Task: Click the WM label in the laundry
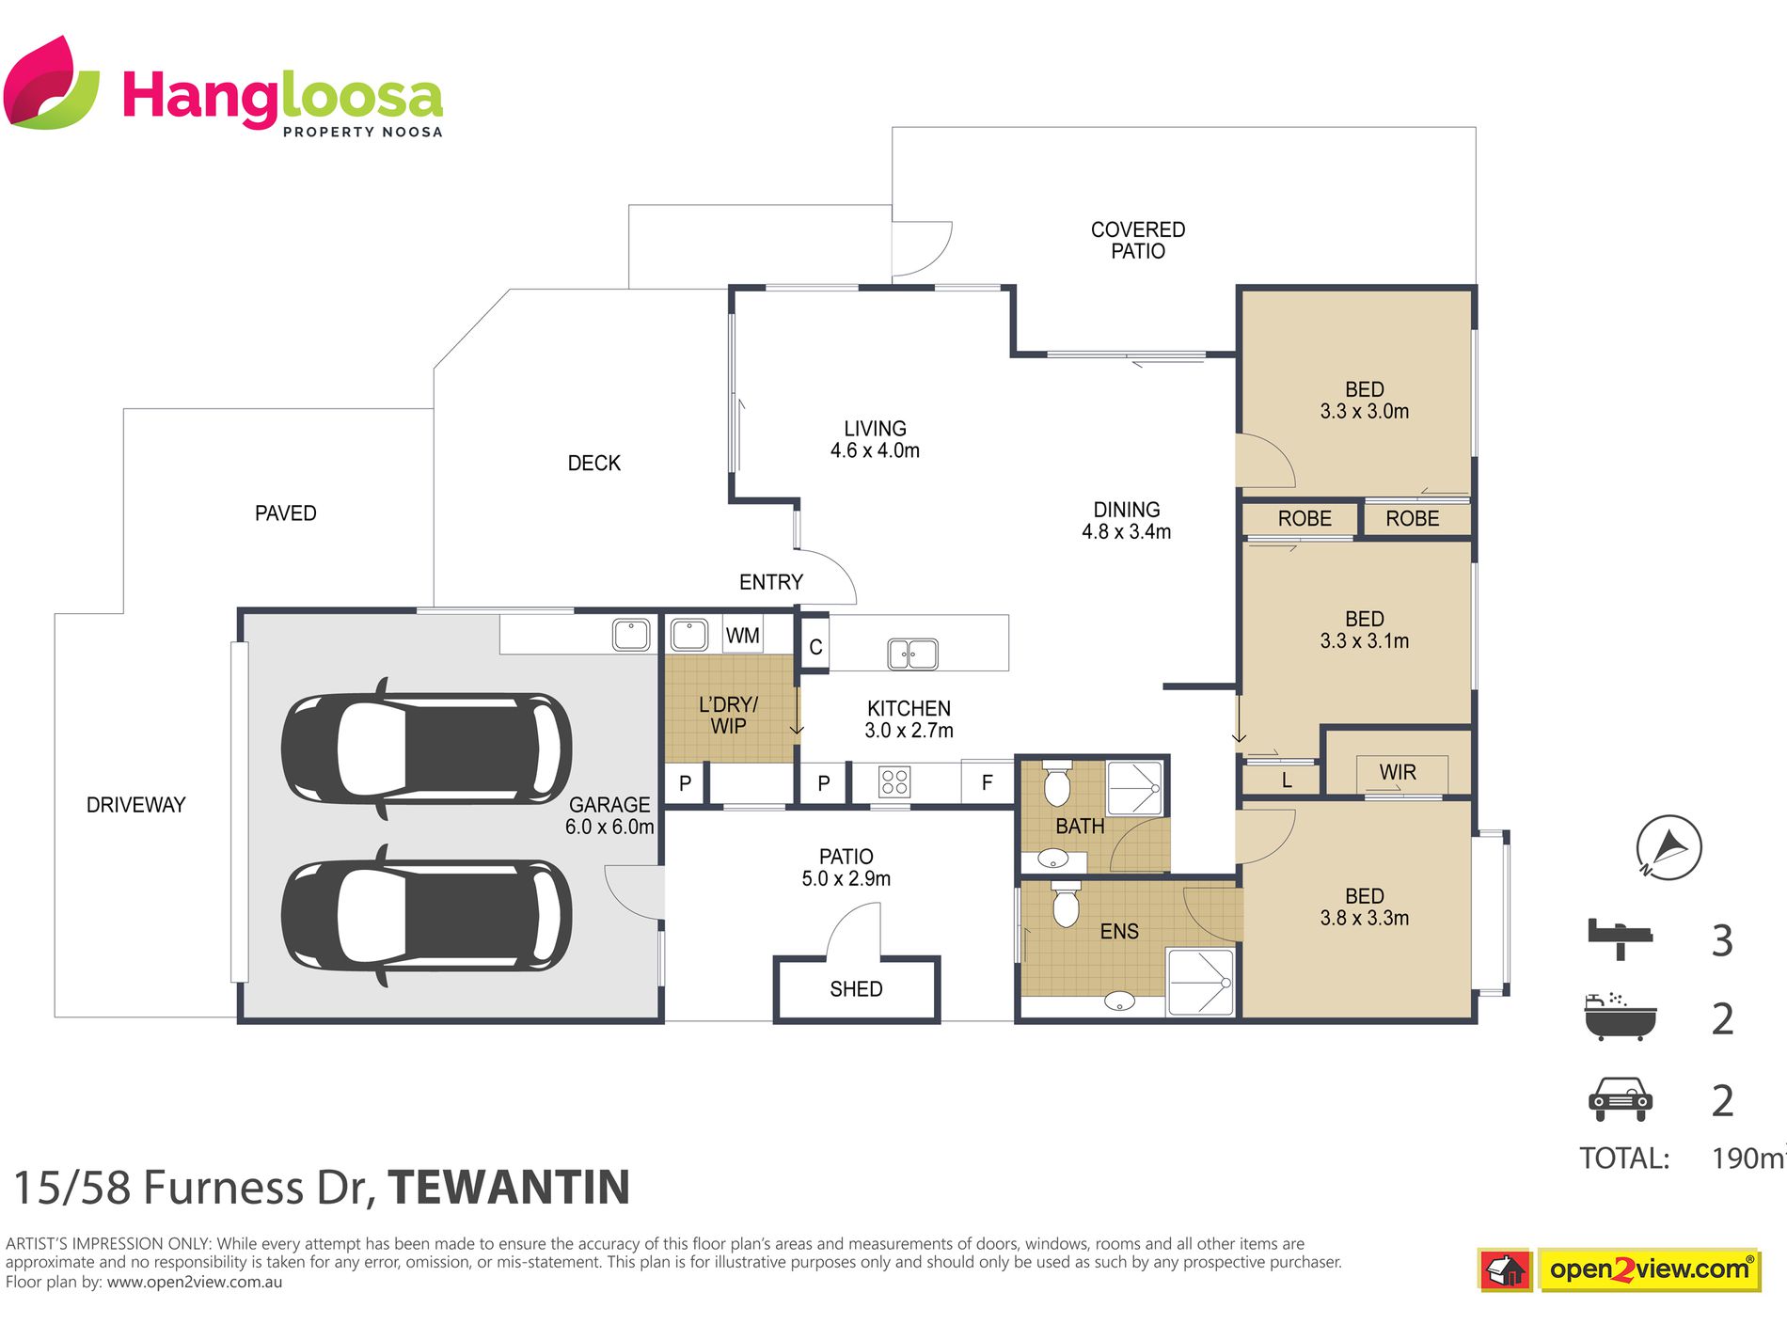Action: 742,636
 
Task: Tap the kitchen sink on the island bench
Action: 912,653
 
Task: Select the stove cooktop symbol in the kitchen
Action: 894,782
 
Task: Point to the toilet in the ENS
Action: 1065,904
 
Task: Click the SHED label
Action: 856,989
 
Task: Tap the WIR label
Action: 1398,772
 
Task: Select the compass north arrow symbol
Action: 1668,847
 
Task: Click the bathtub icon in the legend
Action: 1620,1017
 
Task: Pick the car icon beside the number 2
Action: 1620,1099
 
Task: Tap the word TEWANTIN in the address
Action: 509,1187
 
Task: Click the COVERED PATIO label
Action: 1138,241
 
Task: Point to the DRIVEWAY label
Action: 136,805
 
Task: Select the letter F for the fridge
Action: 987,782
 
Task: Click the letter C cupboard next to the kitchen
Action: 815,647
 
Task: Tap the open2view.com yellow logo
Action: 1650,1269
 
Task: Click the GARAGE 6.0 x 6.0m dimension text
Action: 609,816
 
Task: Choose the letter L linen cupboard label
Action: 1287,780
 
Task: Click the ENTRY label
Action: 771,582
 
